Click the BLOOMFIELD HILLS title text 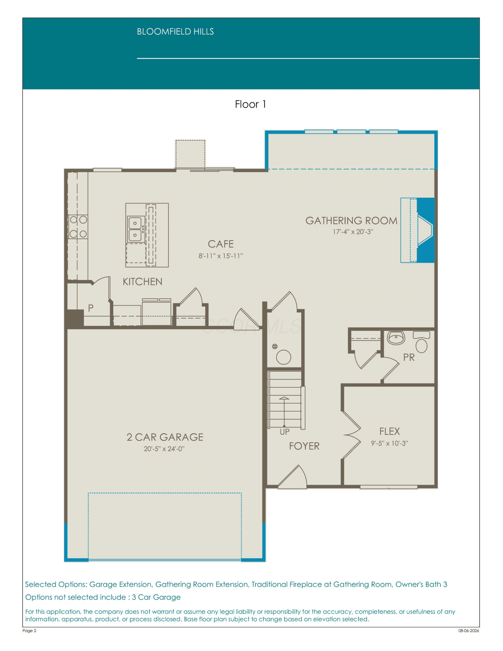click(x=175, y=32)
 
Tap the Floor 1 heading click(x=250, y=104)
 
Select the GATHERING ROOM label click(x=351, y=221)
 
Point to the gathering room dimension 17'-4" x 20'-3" click(x=353, y=232)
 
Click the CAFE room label click(x=221, y=244)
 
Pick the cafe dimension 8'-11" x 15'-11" click(x=221, y=256)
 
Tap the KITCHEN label click(x=142, y=282)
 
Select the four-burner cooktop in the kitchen click(x=78, y=227)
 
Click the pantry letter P click(x=91, y=308)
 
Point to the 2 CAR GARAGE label click(x=165, y=437)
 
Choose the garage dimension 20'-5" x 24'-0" click(x=164, y=449)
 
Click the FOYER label click(x=304, y=446)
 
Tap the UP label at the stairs click(x=285, y=432)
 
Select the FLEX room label click(x=389, y=431)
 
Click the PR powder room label click(x=409, y=357)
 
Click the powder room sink click(x=396, y=338)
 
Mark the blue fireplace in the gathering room click(x=418, y=230)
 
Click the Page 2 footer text click(x=29, y=630)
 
